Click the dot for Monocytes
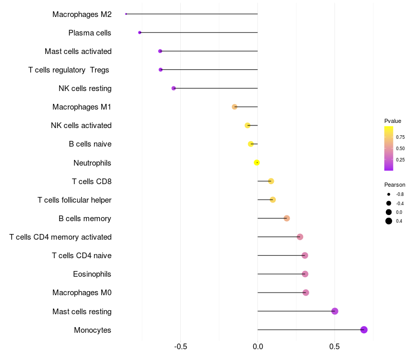click(364, 330)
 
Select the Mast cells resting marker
click(334, 311)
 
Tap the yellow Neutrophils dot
click(257, 163)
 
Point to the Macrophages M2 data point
click(126, 14)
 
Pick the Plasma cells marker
click(140, 32)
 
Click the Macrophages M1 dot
click(235, 107)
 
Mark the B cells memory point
click(287, 218)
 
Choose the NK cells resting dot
click(174, 88)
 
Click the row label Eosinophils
click(92, 274)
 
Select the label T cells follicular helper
click(74, 200)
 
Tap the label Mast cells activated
click(78, 51)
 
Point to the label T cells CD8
click(91, 181)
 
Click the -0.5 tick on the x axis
click(180, 347)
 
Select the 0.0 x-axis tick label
click(257, 347)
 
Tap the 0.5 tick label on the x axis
click(334, 347)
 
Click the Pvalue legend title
click(393, 121)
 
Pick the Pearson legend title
click(395, 185)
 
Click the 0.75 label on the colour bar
click(400, 137)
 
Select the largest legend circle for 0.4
click(389, 221)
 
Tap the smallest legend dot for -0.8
click(389, 194)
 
